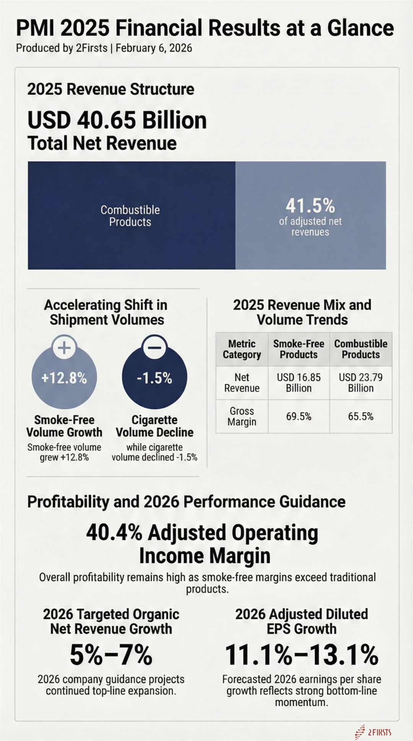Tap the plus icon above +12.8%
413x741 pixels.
point(64,348)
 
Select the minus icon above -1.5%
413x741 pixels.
point(154,348)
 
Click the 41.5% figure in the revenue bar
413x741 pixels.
point(310,206)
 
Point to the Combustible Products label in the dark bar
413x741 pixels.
point(130,216)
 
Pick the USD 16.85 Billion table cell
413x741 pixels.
point(299,383)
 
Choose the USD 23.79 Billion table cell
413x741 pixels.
point(361,383)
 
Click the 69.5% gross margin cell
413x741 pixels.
point(299,416)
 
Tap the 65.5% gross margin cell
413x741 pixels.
point(361,416)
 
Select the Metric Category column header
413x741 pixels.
point(242,349)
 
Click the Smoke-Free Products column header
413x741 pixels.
point(299,349)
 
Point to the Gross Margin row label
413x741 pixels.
point(242,416)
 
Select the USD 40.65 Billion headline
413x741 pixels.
point(117,120)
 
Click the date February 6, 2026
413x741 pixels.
point(154,48)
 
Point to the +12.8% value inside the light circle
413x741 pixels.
point(64,378)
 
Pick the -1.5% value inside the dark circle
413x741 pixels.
point(154,378)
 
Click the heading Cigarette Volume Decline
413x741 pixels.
point(154,426)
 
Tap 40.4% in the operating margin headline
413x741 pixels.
point(114,533)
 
